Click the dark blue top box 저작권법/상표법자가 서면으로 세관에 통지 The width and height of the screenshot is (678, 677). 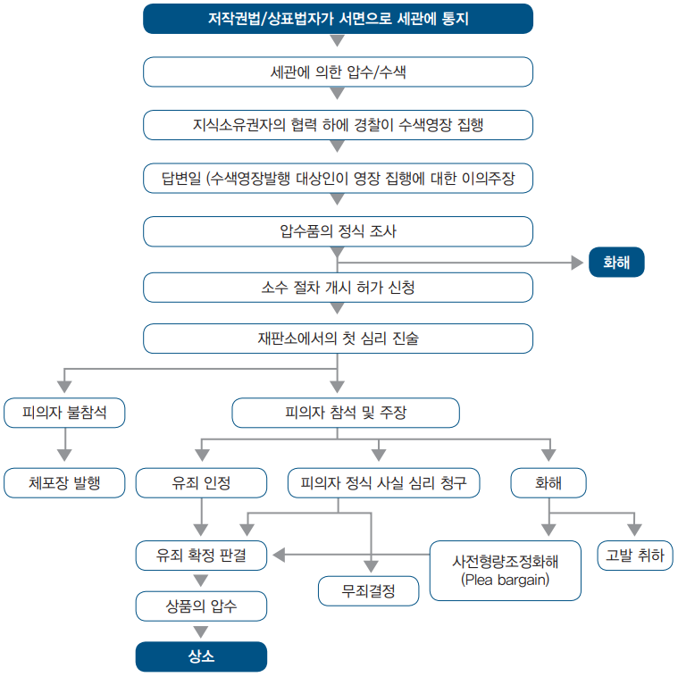click(338, 19)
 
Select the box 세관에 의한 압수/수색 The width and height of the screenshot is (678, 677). click(338, 71)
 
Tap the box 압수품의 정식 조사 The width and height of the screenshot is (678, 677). click(338, 231)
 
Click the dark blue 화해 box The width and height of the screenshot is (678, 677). click(616, 262)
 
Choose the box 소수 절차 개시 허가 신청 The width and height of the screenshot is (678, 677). click(338, 287)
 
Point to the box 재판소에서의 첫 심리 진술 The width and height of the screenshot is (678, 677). click(338, 338)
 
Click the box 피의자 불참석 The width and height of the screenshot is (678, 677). click(64, 413)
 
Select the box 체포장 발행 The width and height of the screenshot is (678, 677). click(64, 482)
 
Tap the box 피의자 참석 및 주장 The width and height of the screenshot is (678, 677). click(346, 413)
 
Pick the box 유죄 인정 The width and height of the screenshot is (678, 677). click(201, 482)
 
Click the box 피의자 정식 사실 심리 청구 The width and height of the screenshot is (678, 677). click(383, 482)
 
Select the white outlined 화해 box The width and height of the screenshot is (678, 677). click(548, 482)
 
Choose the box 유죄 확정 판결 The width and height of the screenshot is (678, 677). click(201, 556)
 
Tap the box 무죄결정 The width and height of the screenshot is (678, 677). click(368, 590)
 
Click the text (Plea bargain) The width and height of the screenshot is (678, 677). click(505, 580)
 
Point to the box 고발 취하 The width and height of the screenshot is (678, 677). click(635, 556)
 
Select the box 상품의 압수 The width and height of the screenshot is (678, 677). click(201, 606)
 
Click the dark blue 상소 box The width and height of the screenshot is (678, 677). click(201, 656)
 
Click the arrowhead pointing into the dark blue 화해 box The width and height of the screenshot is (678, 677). click(577, 263)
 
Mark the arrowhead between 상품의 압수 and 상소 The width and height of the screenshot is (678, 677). click(201, 631)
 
